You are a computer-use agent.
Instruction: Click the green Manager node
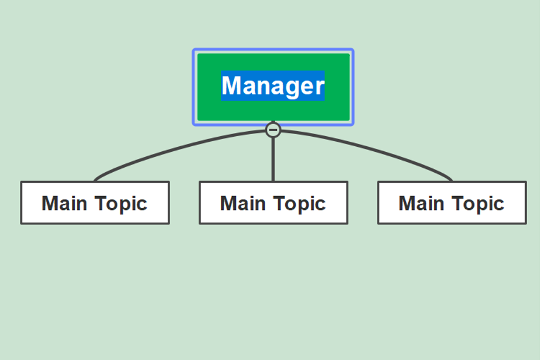(273, 87)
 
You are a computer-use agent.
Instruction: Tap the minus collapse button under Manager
(273, 130)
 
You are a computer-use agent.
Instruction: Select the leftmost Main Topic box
(95, 203)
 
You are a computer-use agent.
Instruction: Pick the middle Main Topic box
(273, 203)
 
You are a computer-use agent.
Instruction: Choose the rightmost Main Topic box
(452, 203)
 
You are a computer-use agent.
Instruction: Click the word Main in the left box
(64, 203)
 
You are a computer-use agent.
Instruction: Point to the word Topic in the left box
(121, 204)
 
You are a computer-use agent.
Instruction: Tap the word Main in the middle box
(243, 203)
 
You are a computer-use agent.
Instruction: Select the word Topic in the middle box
(300, 204)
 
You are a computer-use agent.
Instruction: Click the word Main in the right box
(421, 203)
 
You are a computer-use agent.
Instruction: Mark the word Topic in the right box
(478, 204)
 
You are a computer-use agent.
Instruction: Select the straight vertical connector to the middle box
(273, 159)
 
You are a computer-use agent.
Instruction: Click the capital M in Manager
(231, 85)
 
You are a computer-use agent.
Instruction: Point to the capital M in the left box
(49, 203)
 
